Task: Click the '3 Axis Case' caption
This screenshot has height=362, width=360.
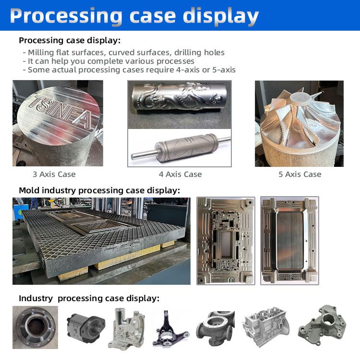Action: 54,175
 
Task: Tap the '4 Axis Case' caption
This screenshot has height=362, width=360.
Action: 180,175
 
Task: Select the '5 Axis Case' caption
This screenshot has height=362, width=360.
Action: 300,175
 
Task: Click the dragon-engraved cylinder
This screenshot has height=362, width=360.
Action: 179,97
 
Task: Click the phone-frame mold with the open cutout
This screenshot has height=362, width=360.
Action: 226,241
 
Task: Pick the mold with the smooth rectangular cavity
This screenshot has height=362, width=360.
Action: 289,241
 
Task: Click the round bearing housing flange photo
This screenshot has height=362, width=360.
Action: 35,327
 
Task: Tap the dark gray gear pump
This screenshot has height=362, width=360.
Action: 86,326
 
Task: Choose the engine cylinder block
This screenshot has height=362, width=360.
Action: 266,326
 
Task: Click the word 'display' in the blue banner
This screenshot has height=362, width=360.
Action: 221,16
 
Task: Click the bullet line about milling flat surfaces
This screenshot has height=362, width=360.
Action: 124,53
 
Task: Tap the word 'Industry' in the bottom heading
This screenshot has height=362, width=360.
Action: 36,298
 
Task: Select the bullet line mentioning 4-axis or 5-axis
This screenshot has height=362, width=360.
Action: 129,70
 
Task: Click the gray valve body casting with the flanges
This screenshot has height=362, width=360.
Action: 216,328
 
